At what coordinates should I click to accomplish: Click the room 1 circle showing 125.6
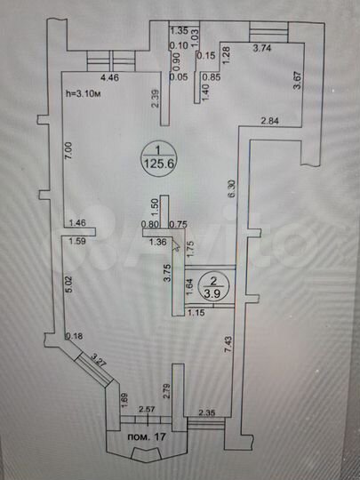point(156,156)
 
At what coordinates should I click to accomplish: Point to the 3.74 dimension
point(262,49)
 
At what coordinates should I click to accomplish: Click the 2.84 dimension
point(269,121)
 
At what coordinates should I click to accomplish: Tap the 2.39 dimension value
point(156,99)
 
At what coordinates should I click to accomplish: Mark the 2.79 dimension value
point(166,387)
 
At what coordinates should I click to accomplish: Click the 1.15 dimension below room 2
point(196,313)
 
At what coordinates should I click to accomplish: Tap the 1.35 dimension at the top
point(179,29)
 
